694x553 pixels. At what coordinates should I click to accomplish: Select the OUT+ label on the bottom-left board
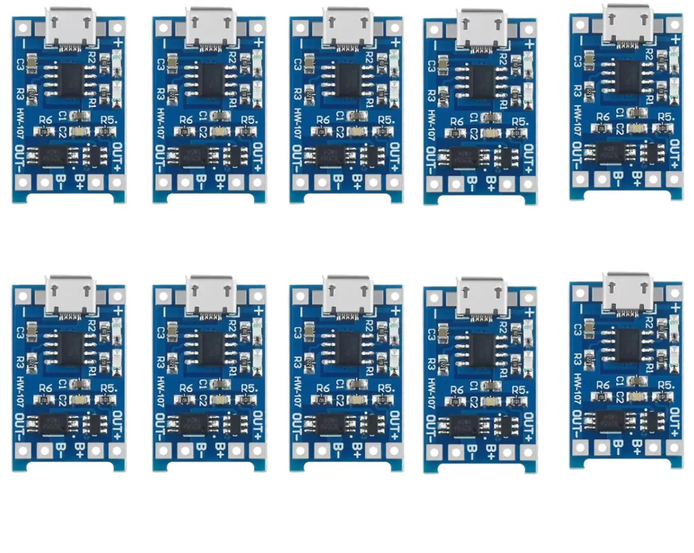click(117, 421)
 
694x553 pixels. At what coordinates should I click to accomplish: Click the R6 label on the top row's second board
click(186, 120)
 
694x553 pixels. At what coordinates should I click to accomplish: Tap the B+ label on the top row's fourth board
click(491, 181)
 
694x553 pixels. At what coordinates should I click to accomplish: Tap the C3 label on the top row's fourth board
click(432, 65)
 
